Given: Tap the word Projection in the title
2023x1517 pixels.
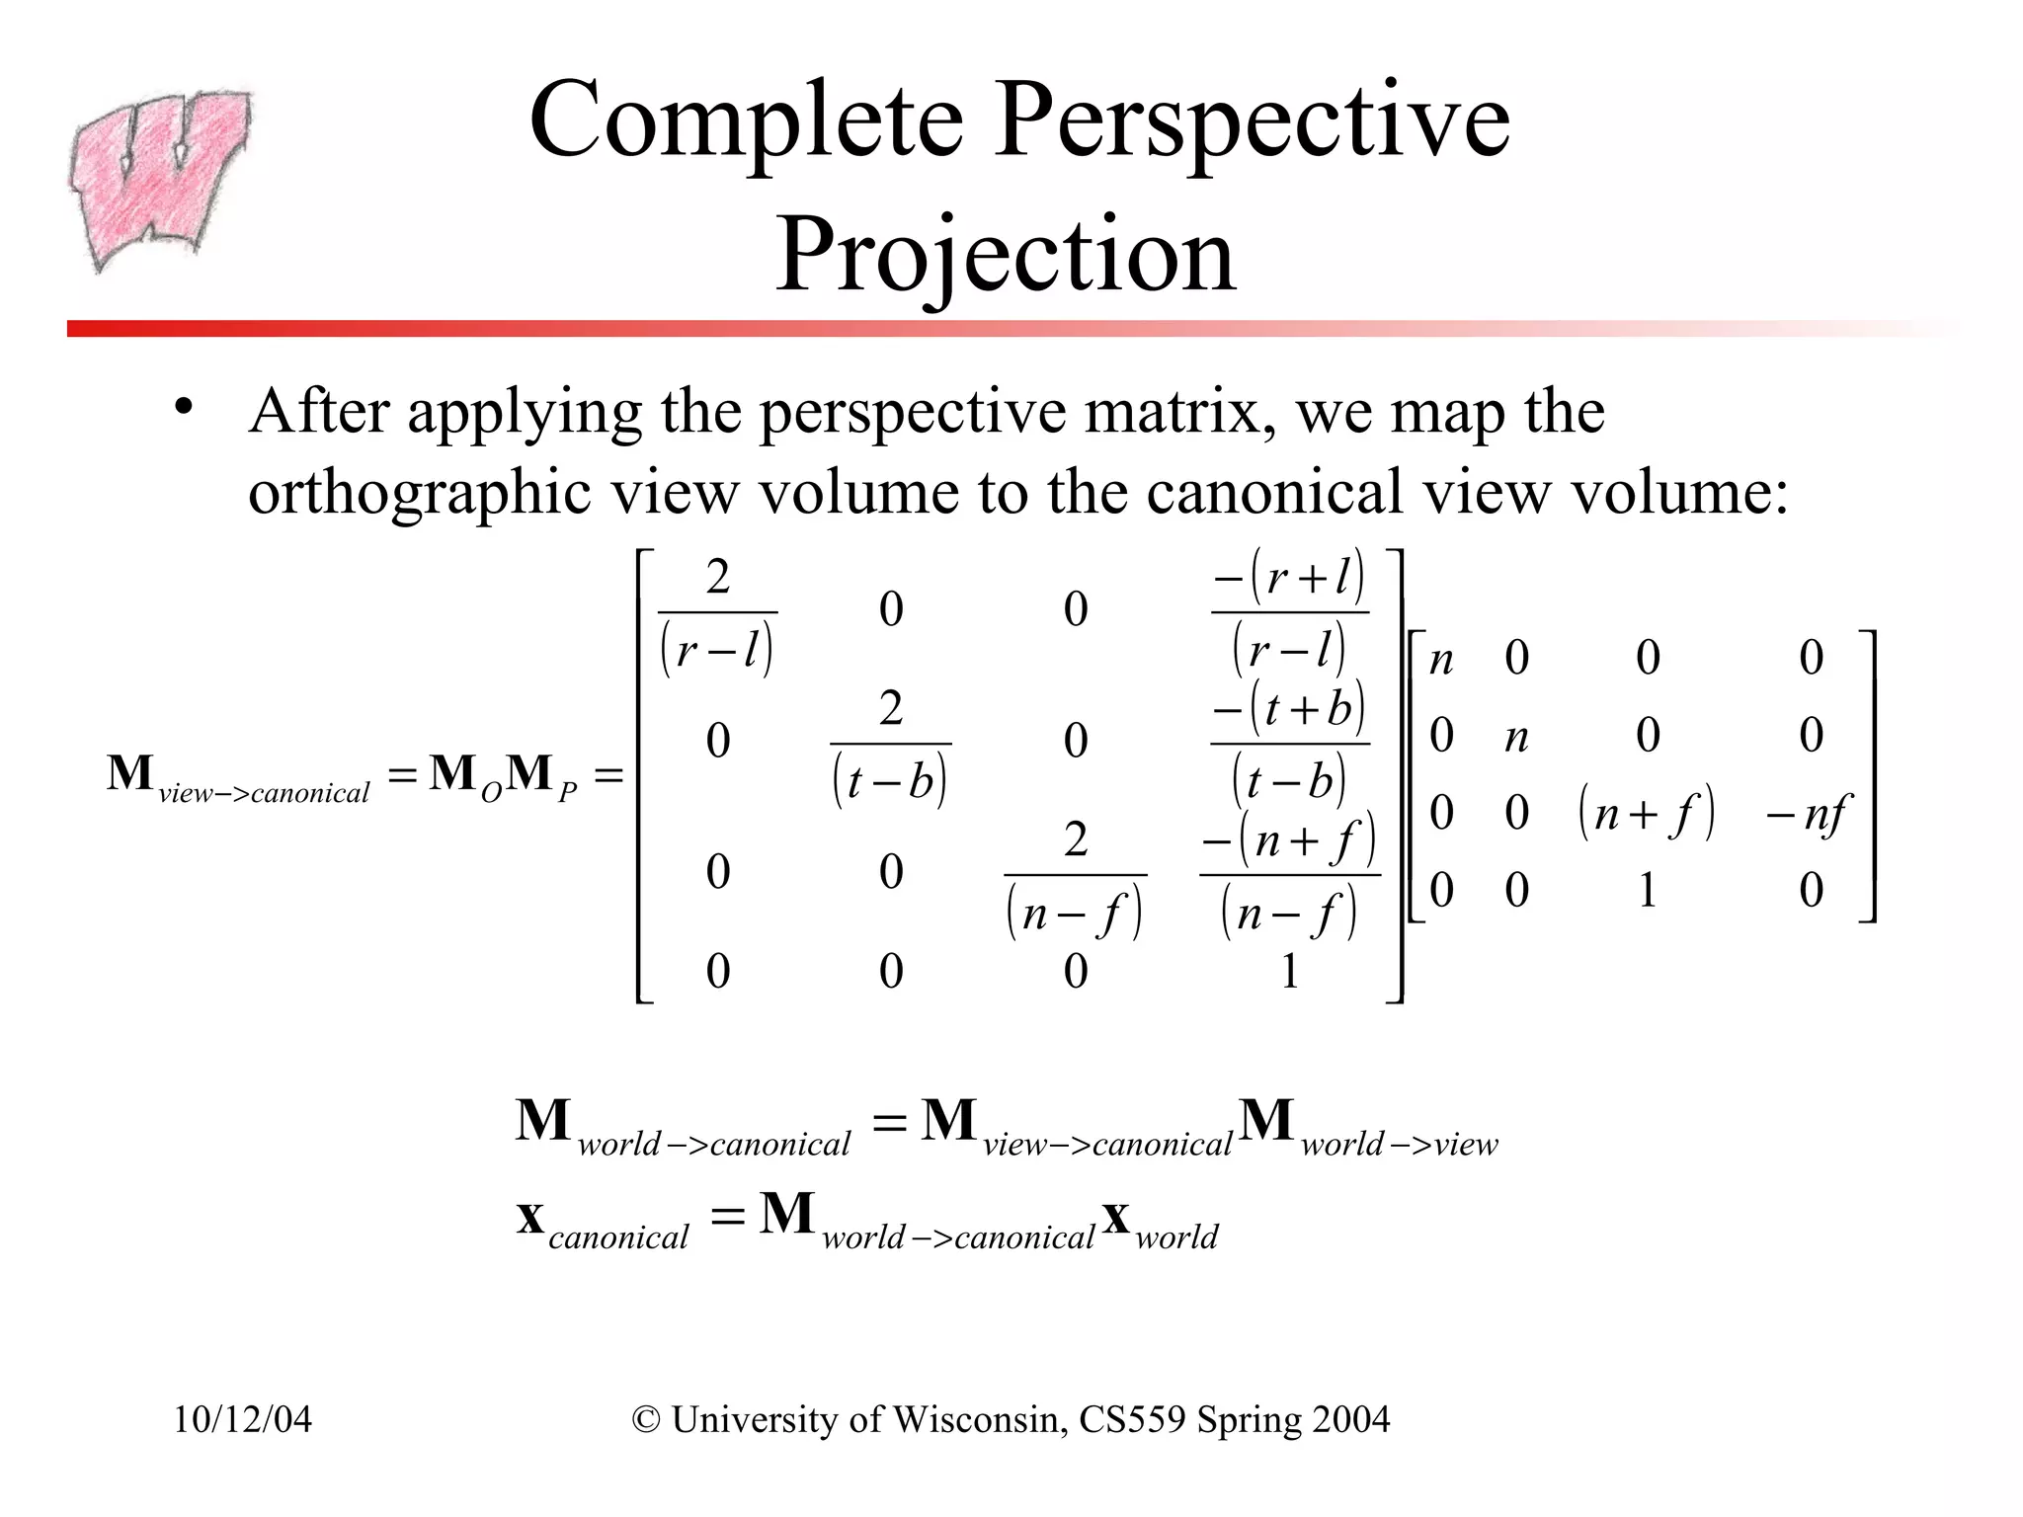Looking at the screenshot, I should (1005, 255).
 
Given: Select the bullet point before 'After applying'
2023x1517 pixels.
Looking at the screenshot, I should (183, 408).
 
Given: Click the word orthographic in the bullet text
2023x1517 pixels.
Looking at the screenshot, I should (419, 492).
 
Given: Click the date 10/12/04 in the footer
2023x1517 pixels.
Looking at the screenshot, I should (243, 1419).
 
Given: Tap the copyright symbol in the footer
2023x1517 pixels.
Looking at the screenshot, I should (646, 1419).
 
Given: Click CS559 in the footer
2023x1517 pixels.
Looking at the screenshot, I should (1132, 1419).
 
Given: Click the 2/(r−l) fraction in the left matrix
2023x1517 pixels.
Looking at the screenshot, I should (717, 614).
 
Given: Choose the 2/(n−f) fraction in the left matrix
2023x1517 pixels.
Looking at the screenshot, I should (1075, 876).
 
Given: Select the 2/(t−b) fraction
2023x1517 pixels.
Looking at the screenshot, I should (890, 746).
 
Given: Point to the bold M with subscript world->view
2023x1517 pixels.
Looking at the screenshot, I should (1368, 1126).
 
